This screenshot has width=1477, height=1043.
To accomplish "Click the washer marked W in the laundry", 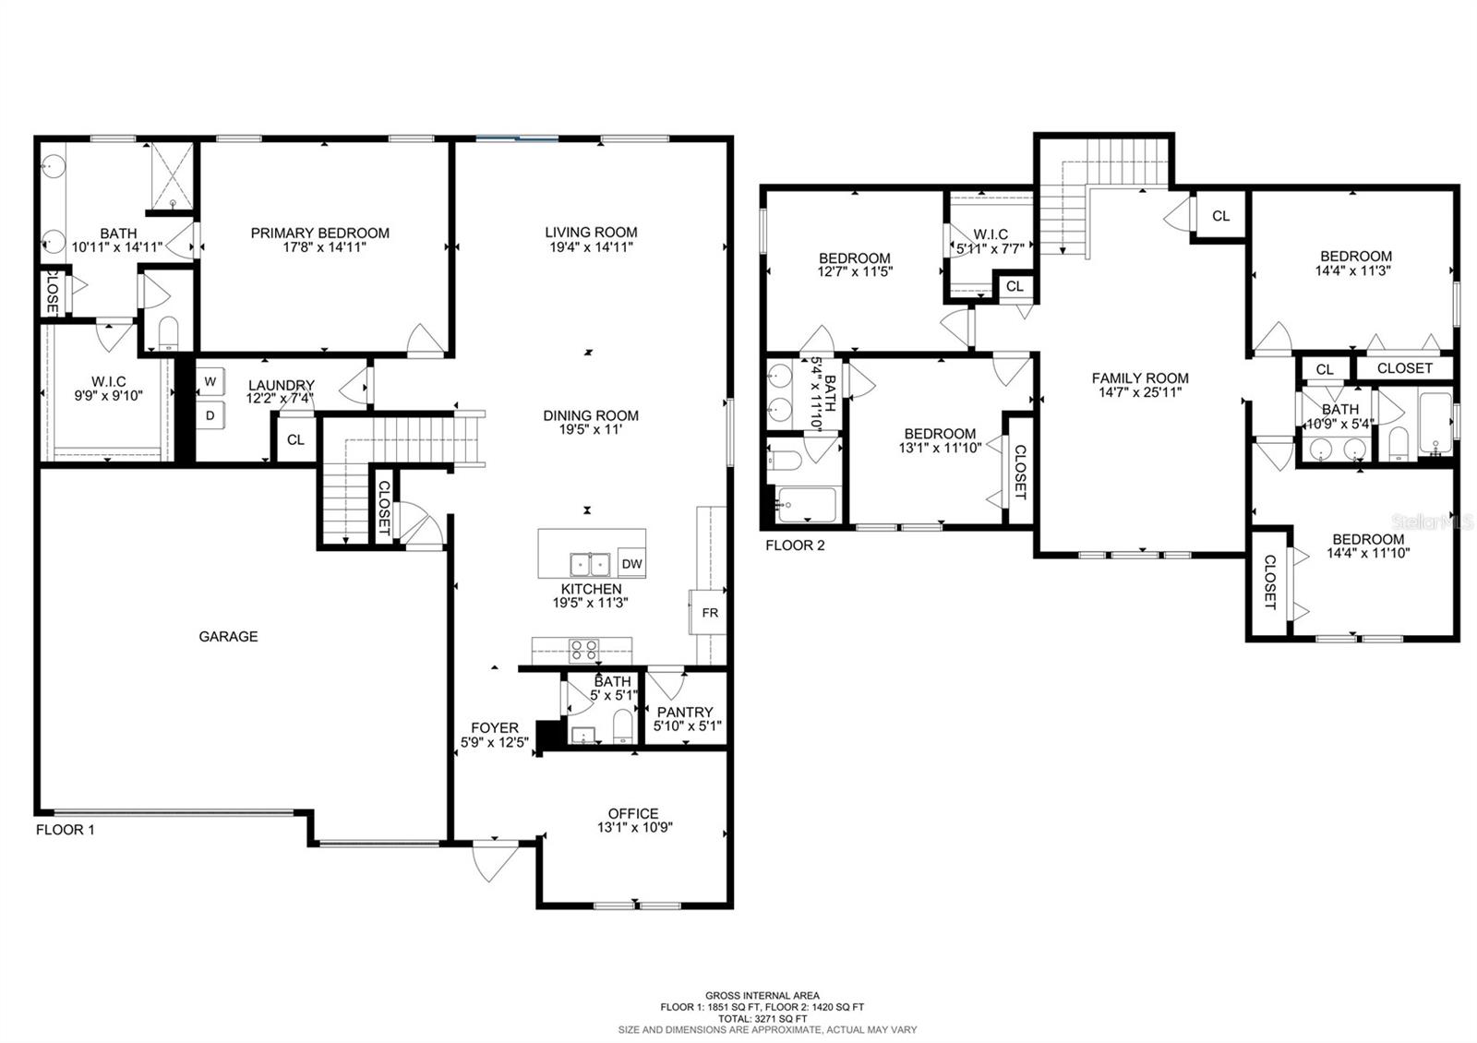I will (210, 381).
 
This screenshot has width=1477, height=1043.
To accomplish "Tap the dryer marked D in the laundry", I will (210, 416).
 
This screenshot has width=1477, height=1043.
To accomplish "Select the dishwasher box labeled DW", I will (631, 564).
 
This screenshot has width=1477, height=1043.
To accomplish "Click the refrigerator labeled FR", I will (709, 613).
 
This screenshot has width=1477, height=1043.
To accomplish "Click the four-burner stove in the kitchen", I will (583, 650).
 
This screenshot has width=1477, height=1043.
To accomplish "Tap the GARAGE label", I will (228, 636).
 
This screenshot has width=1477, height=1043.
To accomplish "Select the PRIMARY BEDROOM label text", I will (319, 233).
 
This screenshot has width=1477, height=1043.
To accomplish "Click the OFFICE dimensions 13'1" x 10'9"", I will (634, 828).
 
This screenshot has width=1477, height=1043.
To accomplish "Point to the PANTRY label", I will (685, 712).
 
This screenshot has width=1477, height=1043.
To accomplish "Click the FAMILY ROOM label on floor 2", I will (1140, 378).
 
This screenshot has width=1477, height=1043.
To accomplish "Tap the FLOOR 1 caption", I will (65, 829).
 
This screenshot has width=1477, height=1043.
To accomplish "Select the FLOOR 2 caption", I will (795, 545).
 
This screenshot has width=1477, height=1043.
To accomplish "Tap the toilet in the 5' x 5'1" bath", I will (624, 726).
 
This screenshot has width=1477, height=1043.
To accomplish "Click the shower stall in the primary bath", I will (173, 177).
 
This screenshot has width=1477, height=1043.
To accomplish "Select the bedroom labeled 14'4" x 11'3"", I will (1355, 263).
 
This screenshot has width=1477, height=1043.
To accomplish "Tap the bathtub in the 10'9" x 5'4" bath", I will (1435, 424).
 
